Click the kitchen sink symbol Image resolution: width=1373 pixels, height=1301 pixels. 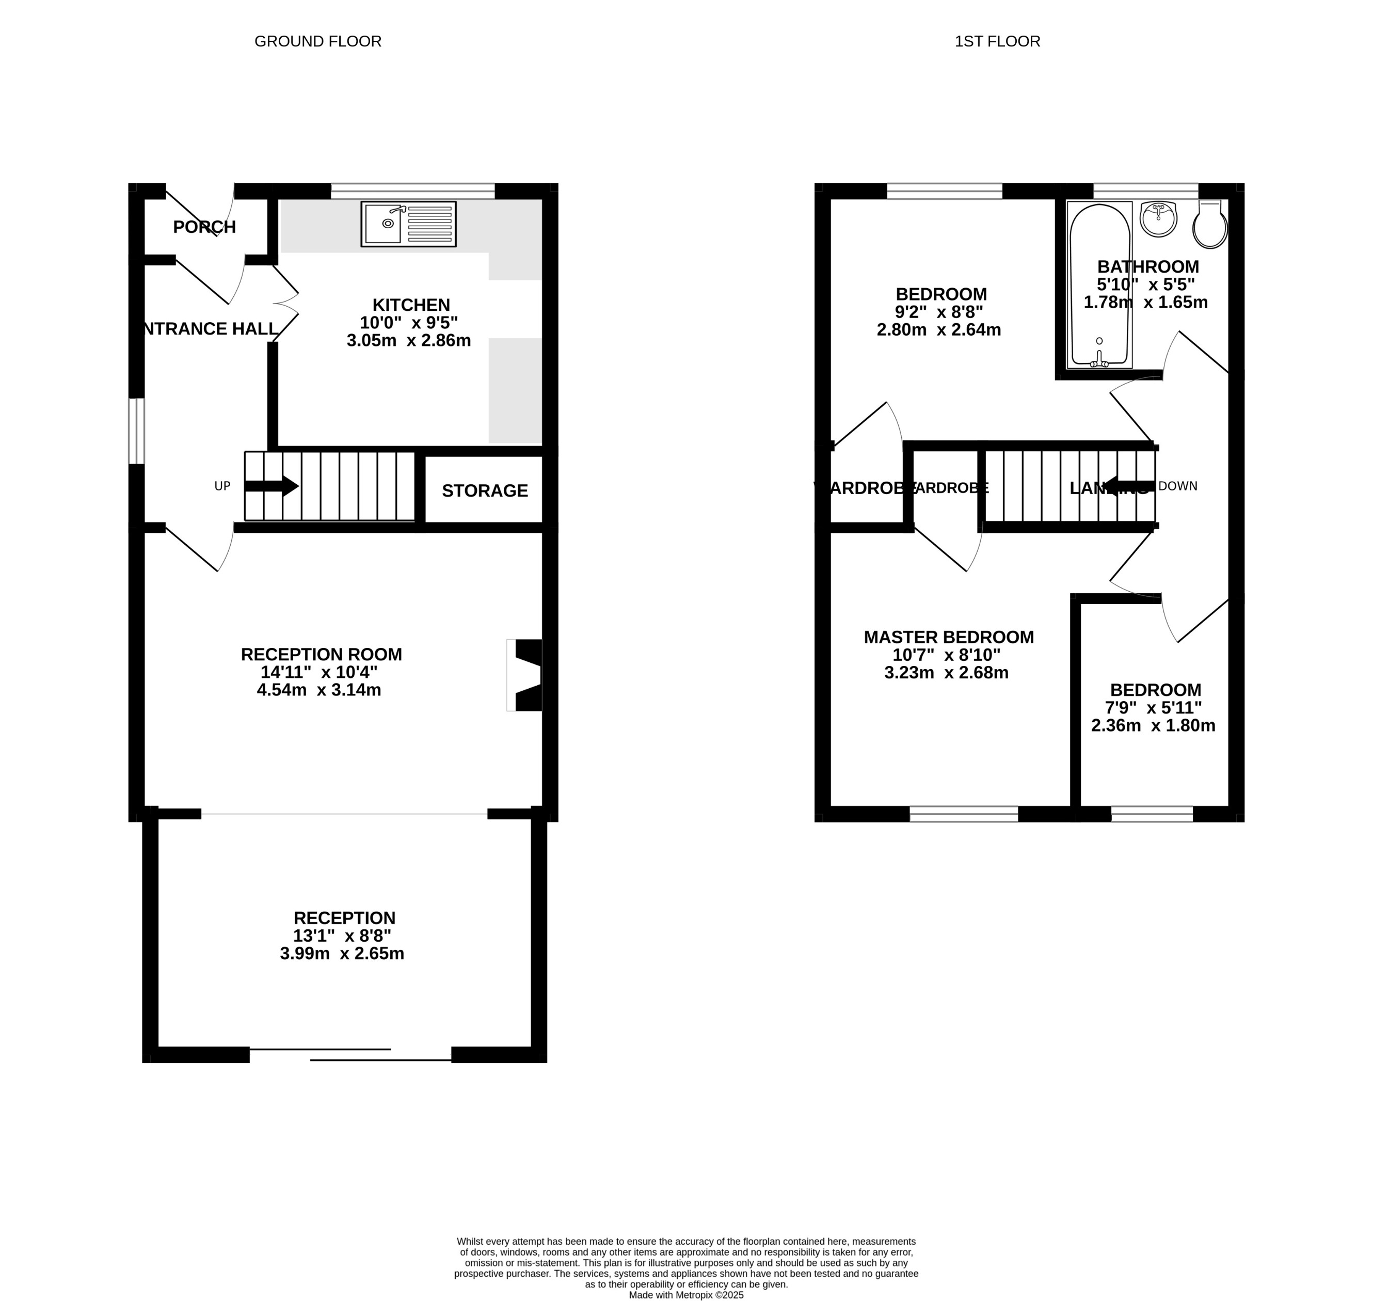[x=408, y=224]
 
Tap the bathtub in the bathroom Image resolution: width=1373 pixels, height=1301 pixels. [x=1100, y=284]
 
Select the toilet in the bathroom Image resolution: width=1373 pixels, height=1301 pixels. [x=1209, y=224]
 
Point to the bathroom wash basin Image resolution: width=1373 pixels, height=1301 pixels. [x=1158, y=219]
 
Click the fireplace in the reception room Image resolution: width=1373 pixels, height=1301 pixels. [x=525, y=675]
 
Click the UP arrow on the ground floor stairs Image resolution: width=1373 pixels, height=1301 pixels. [x=271, y=486]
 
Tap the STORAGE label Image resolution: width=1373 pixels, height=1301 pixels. [x=485, y=491]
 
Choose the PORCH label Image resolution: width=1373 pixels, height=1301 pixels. [x=204, y=227]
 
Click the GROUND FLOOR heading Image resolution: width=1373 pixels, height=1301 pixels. [x=317, y=42]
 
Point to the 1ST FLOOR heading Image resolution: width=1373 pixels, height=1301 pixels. [x=997, y=42]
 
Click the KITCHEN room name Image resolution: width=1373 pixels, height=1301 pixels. [x=411, y=305]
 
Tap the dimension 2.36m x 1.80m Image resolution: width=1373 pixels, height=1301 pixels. [x=1153, y=725]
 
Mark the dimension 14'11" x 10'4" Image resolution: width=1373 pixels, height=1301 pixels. [x=319, y=672]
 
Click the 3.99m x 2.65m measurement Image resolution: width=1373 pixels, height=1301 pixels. [x=342, y=954]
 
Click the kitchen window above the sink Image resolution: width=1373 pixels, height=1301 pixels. [x=412, y=191]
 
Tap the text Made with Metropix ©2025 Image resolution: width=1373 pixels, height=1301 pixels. [x=686, y=1294]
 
